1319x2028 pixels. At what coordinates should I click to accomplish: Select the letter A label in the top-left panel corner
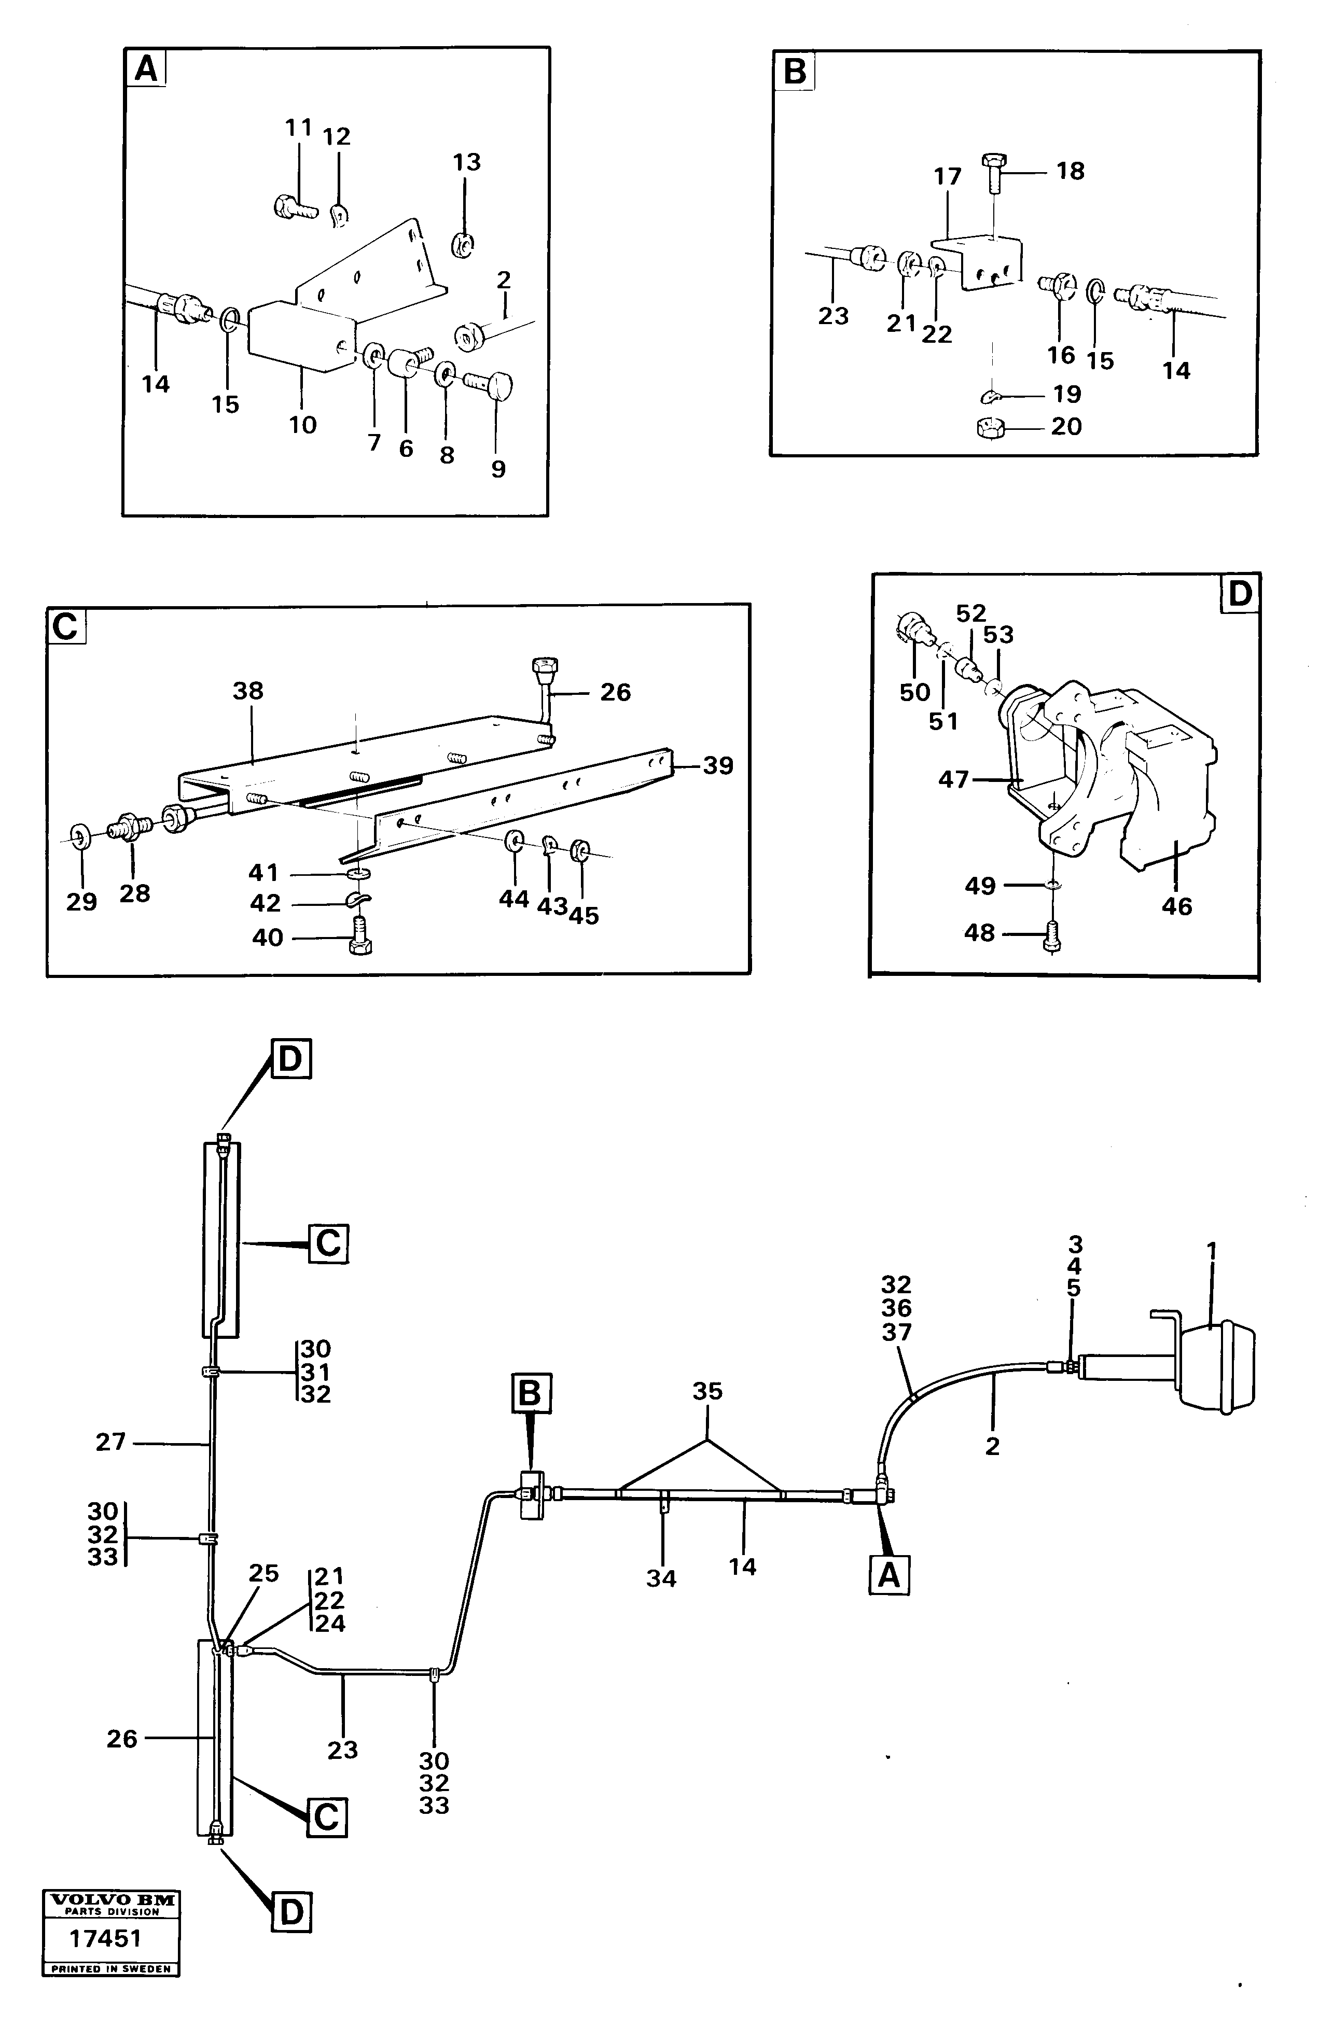[x=146, y=68]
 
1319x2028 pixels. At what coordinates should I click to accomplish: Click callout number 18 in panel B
[x=1070, y=171]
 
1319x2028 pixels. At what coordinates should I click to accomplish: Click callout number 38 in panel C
[x=248, y=691]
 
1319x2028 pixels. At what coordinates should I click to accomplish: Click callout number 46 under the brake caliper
[x=1177, y=906]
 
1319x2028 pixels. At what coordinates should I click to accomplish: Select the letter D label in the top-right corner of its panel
[x=1239, y=593]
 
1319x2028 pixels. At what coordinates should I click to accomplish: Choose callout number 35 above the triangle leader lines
[x=707, y=1391]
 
